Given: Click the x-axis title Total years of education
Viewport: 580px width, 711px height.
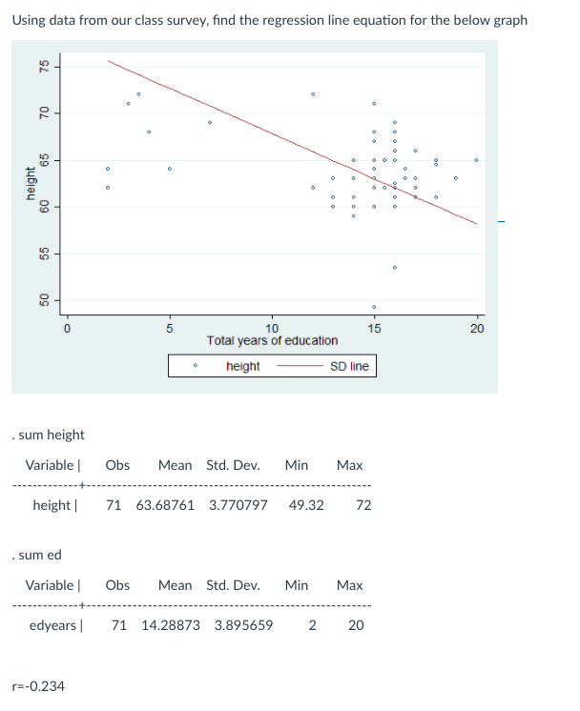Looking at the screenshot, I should tap(272, 340).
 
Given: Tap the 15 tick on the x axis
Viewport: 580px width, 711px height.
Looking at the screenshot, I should tap(374, 329).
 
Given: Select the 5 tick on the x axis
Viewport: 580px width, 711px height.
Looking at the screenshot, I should tap(169, 329).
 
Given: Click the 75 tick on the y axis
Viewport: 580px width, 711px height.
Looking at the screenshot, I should tap(43, 67).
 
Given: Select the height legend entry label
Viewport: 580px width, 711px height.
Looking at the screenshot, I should tap(243, 366).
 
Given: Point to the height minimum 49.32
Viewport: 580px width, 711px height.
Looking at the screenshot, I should tap(305, 505).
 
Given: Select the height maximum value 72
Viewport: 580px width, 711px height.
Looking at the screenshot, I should tap(363, 505).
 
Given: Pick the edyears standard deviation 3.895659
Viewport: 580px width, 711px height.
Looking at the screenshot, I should tap(243, 625).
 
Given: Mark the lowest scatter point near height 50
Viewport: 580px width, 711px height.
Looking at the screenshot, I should tap(374, 307).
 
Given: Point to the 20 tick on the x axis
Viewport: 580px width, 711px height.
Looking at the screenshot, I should tap(477, 329).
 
